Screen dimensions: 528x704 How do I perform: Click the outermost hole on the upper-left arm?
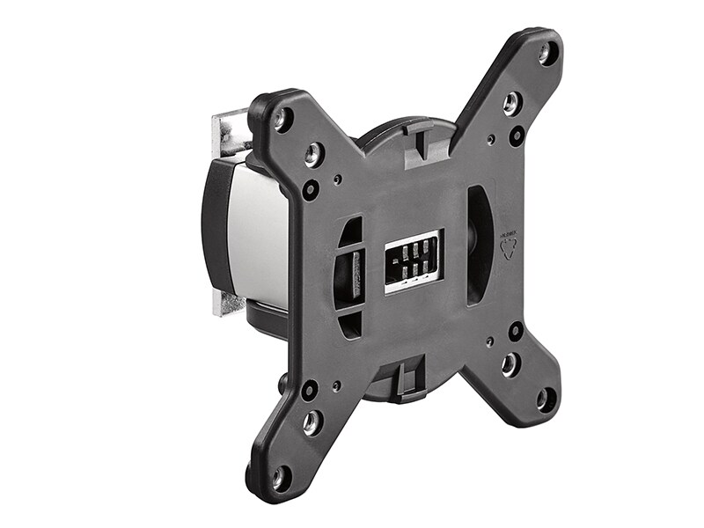tap(282, 119)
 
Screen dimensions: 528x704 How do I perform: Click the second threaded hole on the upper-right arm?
tap(511, 103)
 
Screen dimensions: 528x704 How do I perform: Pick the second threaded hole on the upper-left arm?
tap(313, 155)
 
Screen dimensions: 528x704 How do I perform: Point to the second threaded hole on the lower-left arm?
tap(312, 423)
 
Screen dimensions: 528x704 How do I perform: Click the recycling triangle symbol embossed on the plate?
tap(509, 246)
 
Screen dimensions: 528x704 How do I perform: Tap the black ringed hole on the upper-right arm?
tap(517, 136)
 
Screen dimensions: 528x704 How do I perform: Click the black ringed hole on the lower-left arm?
tap(310, 389)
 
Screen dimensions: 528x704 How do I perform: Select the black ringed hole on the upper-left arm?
tap(311, 189)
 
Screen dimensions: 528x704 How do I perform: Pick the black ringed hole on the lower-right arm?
tap(516, 331)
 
